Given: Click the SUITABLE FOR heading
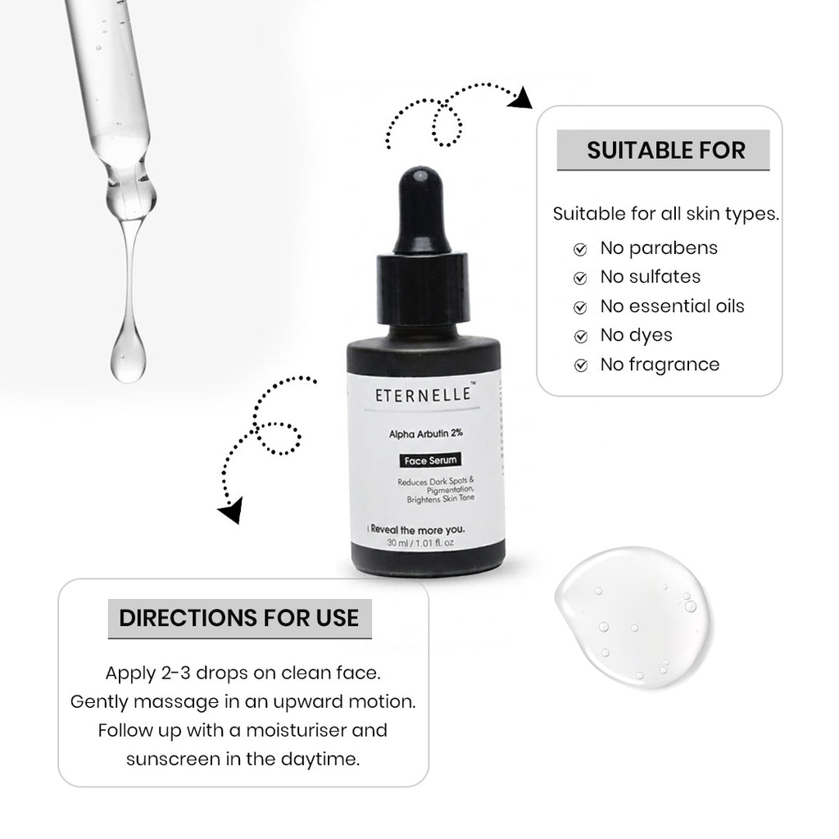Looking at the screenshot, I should [x=665, y=151].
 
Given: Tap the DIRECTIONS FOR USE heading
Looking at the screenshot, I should [x=239, y=618].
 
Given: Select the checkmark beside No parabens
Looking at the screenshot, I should [x=580, y=248].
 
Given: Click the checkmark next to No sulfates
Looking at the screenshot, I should [x=580, y=278].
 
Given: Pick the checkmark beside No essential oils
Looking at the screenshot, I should [x=580, y=307].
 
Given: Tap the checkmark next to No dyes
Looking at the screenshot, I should [x=580, y=336].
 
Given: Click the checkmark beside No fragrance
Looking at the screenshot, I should [x=580, y=365].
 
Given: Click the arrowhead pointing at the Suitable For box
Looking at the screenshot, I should [x=520, y=99].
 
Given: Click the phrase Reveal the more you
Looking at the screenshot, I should [x=419, y=530].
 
